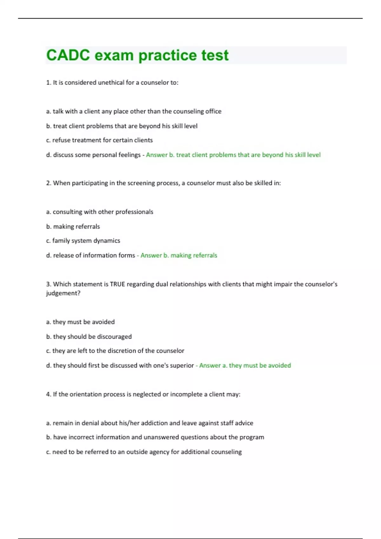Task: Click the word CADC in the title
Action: (68, 55)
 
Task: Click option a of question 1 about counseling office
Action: (134, 111)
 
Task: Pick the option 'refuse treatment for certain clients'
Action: (99, 140)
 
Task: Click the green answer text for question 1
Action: (233, 155)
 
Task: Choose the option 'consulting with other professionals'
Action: (100, 212)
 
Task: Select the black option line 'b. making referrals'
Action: (73, 226)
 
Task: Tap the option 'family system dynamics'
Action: (83, 241)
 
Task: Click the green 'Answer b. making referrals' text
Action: (179, 255)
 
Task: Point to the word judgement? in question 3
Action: (63, 293)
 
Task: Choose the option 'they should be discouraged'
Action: (89, 336)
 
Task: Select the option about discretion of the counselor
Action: (115, 351)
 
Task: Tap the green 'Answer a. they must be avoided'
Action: (245, 365)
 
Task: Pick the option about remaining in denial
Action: (150, 423)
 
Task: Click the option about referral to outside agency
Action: (144, 452)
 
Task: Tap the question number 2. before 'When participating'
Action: (49, 183)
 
